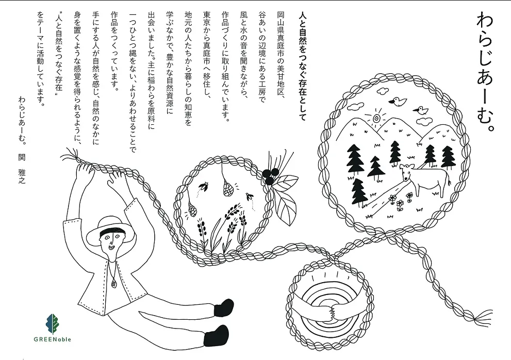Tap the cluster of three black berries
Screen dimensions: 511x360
(x=269, y=177)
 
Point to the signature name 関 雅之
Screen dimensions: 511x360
(x=22, y=169)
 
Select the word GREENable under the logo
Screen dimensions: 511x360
(x=52, y=339)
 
